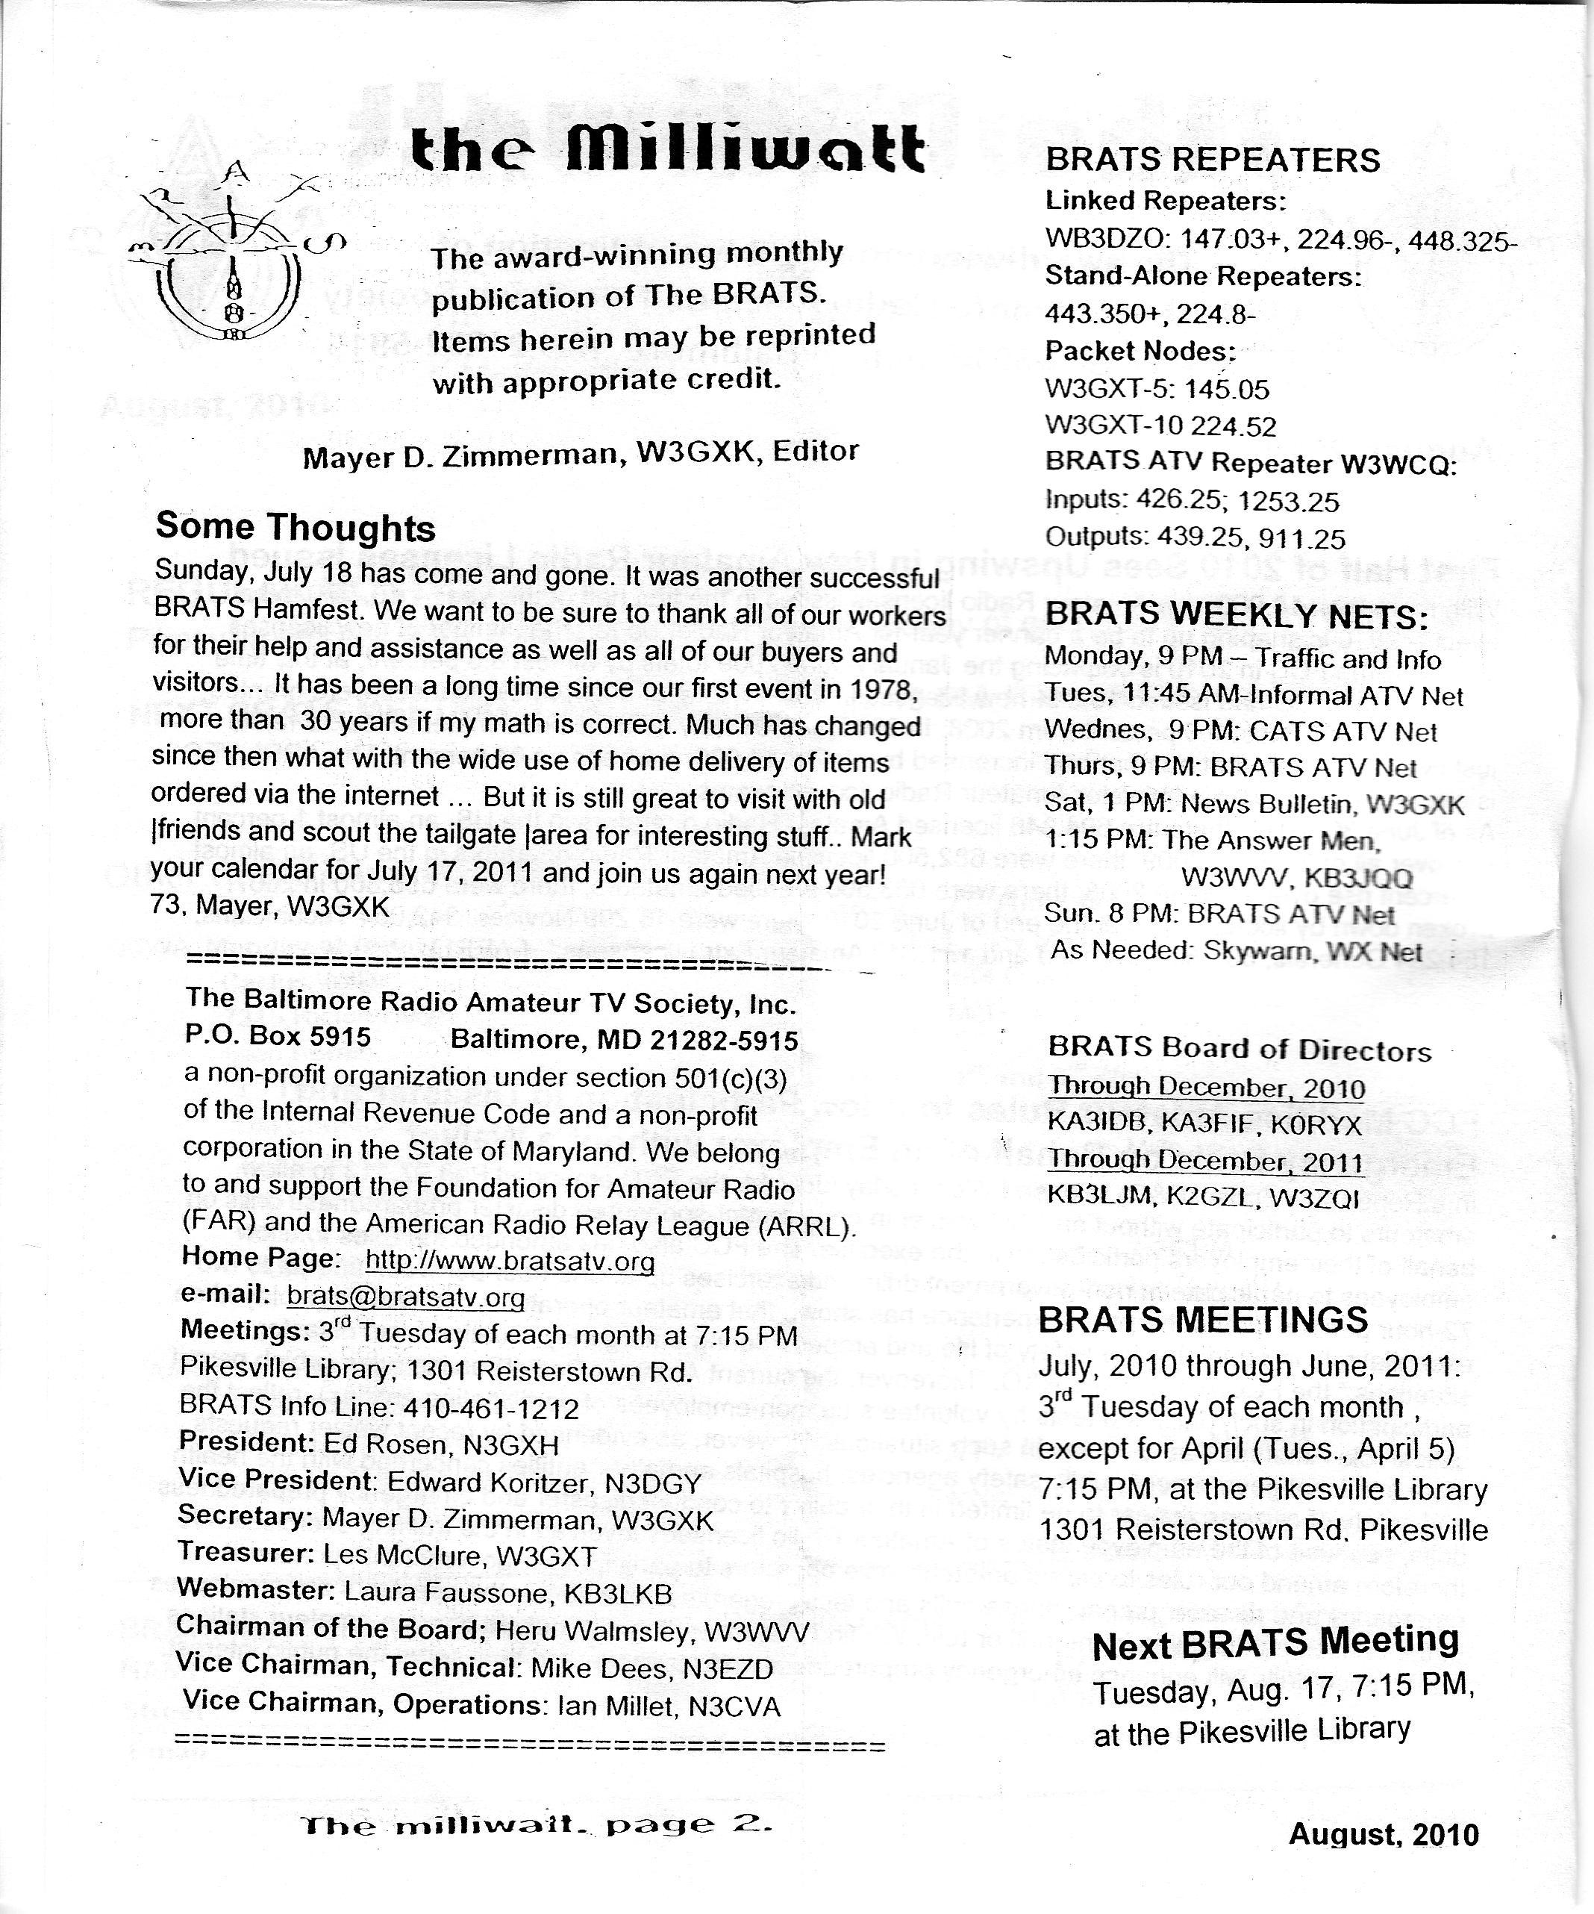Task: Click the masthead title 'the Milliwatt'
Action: tap(667, 149)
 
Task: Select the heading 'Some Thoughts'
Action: tap(296, 528)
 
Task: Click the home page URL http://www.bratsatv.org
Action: tap(510, 1262)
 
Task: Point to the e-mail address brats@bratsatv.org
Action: tap(405, 1297)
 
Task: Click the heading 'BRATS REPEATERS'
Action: tap(1212, 160)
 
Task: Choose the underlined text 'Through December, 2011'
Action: tap(1205, 1162)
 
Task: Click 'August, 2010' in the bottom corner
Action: tap(1383, 1834)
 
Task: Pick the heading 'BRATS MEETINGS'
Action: tap(1203, 1319)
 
